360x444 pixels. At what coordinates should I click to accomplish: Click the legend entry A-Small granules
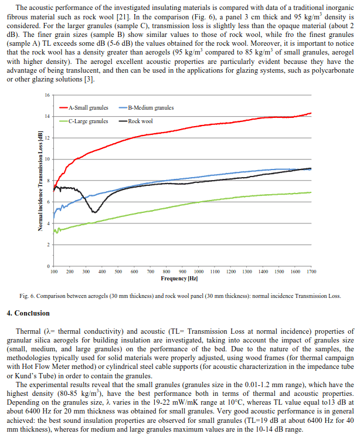tap(84, 108)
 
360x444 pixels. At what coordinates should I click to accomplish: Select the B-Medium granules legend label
tap(147, 108)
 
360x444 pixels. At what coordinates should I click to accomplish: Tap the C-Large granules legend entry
tap(84, 121)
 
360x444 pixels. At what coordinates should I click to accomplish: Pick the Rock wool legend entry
tap(136, 121)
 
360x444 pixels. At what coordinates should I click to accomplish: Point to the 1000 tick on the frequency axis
tap(199, 272)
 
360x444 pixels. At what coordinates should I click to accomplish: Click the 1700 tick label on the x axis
tap(311, 272)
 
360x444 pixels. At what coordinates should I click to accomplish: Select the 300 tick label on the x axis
tap(86, 272)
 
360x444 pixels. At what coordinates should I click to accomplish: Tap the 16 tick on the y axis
tap(47, 95)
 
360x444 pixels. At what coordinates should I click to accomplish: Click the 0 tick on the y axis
tap(49, 266)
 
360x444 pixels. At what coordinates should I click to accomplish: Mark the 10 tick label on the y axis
tap(47, 159)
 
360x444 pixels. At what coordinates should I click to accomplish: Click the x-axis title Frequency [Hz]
tap(179, 279)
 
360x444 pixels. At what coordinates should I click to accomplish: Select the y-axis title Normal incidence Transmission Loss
tap(40, 181)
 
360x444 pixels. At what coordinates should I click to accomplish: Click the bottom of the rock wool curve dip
tap(95, 212)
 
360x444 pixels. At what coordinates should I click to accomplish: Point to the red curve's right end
tap(311, 113)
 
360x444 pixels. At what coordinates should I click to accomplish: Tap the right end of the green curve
tap(311, 192)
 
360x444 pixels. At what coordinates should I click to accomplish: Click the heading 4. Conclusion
tap(28, 313)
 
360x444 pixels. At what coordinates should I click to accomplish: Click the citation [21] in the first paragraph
tap(123, 17)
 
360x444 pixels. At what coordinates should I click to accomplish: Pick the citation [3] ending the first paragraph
tap(89, 79)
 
